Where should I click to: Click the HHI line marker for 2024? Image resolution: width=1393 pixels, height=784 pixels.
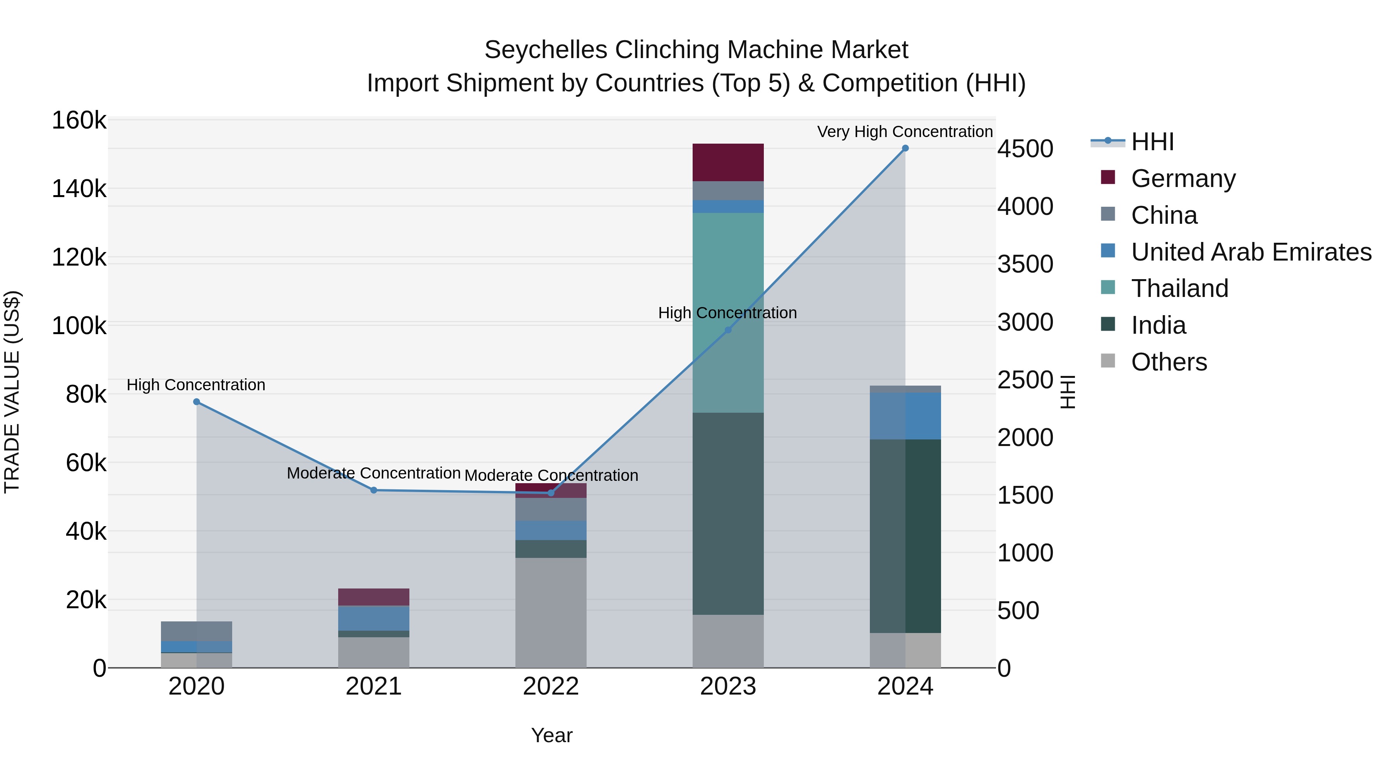click(905, 148)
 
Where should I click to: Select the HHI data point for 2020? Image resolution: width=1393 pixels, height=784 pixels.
click(196, 402)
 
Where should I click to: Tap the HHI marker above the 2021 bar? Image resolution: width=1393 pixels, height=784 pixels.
click(374, 490)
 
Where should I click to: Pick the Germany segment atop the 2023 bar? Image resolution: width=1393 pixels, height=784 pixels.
click(728, 162)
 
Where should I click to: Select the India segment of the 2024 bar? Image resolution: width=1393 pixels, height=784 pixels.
click(905, 536)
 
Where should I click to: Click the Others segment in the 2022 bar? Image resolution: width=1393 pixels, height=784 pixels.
click(551, 612)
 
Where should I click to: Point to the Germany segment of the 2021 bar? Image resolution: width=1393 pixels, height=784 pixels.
click(374, 597)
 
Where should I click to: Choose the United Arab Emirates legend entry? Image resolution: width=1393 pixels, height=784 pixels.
click(1250, 252)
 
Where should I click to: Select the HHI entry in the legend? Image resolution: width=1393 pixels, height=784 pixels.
click(1152, 142)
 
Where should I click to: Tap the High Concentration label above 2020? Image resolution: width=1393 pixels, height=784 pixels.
click(196, 385)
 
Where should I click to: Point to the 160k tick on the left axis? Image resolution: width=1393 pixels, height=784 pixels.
click(79, 120)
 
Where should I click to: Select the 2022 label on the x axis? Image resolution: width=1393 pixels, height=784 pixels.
click(551, 686)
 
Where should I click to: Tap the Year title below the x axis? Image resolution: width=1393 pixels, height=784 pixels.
click(551, 735)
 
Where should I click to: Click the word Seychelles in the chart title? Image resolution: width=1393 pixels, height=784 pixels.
click(546, 50)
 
